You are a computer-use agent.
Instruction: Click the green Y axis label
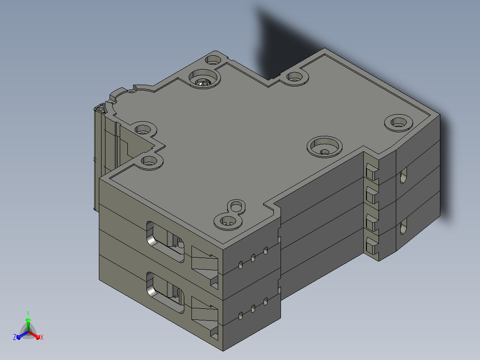point(28,313)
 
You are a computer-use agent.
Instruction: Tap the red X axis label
point(42,337)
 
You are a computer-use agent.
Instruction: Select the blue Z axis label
point(15,337)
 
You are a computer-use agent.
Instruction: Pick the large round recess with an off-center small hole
point(324,147)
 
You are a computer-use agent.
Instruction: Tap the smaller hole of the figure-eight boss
point(236,206)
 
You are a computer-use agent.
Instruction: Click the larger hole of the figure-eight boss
point(228,221)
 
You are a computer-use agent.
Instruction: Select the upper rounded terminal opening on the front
point(165,241)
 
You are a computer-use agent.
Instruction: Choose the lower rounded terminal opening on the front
point(165,292)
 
